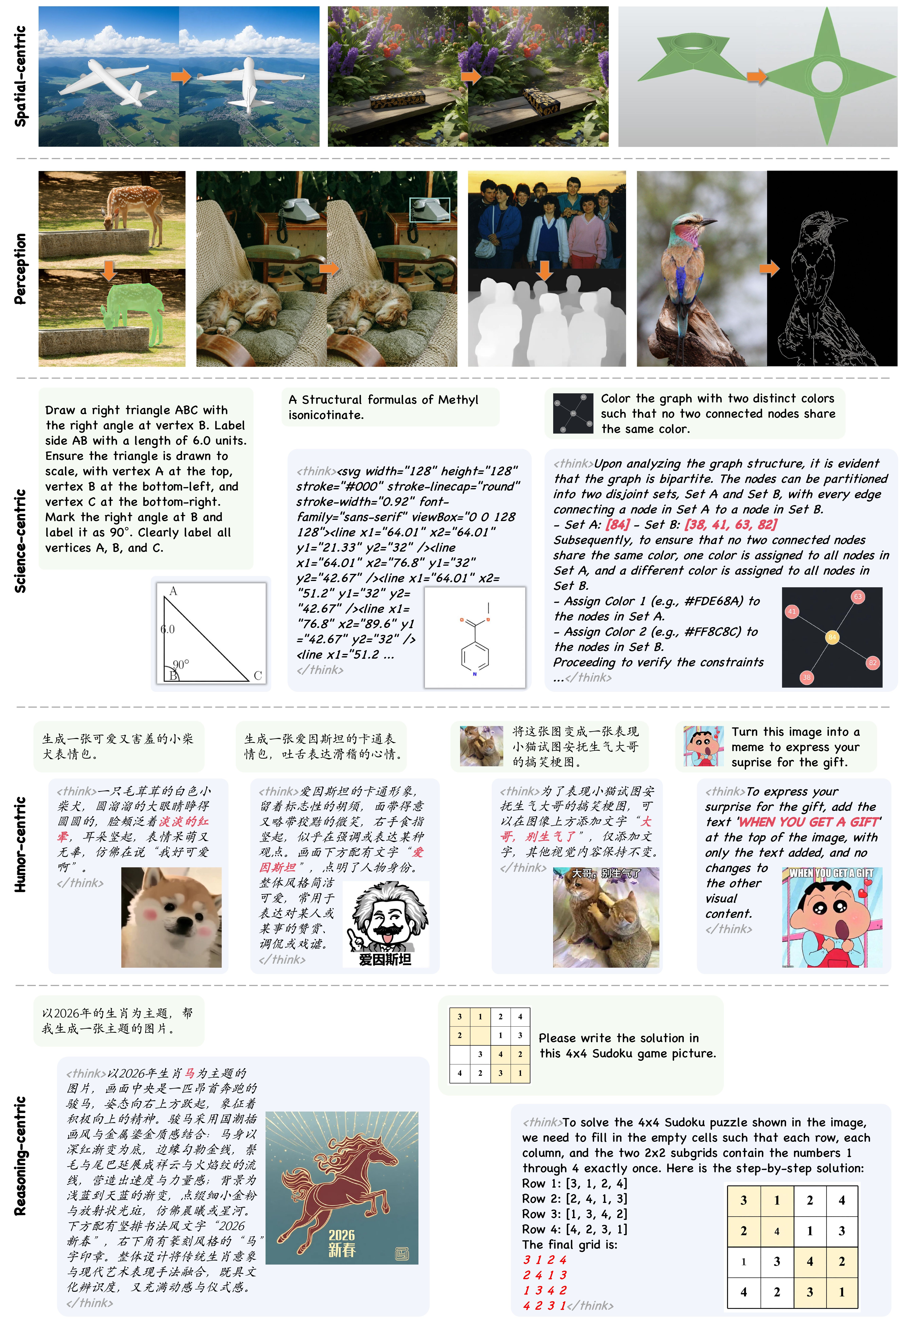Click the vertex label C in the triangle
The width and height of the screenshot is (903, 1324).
[x=258, y=676]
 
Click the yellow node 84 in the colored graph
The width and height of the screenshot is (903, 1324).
[x=832, y=637]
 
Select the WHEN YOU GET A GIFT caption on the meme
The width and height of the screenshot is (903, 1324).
[x=831, y=873]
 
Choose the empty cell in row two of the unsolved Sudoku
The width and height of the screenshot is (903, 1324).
[x=480, y=1035]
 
